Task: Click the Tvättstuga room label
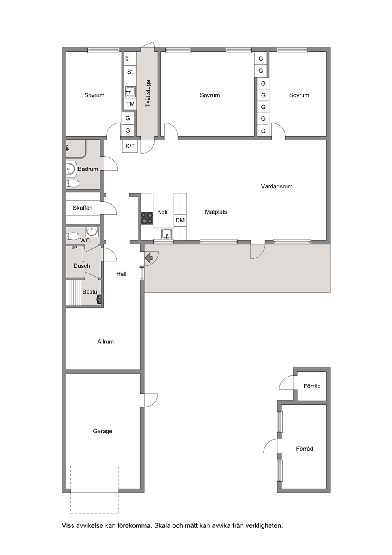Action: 148,93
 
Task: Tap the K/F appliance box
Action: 130,146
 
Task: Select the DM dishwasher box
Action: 180,220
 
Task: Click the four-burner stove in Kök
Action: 147,218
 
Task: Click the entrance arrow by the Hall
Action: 149,258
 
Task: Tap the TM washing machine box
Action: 130,104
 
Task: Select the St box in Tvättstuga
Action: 130,72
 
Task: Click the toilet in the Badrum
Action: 72,184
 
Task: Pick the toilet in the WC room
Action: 72,236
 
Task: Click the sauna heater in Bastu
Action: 99,300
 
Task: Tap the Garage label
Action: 102,431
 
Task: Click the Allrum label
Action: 106,342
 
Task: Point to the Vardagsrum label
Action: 277,186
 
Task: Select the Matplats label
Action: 216,212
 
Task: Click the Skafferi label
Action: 83,208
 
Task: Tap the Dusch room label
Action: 82,266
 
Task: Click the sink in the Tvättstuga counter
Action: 130,92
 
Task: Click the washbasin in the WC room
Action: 92,232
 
